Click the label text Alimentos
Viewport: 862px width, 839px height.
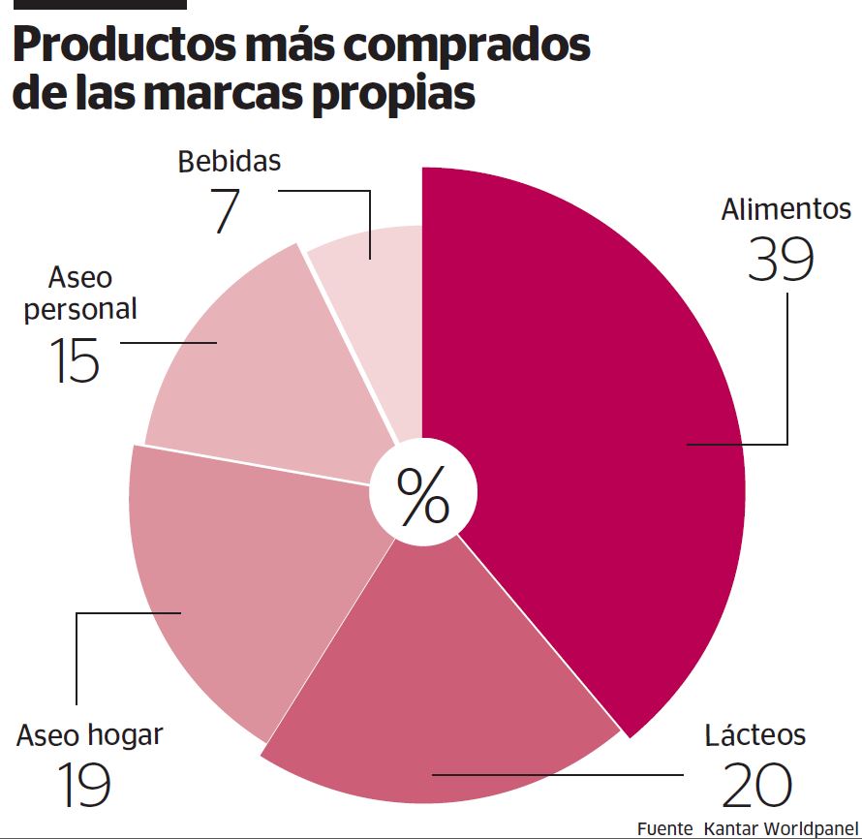click(785, 209)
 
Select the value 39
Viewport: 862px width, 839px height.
click(781, 259)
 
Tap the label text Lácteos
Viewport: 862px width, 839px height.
click(754, 734)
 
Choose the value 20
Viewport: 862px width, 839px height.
click(757, 786)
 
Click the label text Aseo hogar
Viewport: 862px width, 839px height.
click(89, 734)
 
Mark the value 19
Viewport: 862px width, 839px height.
click(83, 786)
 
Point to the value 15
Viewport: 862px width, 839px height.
click(75, 359)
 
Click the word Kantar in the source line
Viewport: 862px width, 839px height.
click(731, 828)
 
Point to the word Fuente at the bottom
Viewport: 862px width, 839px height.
click(664, 828)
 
